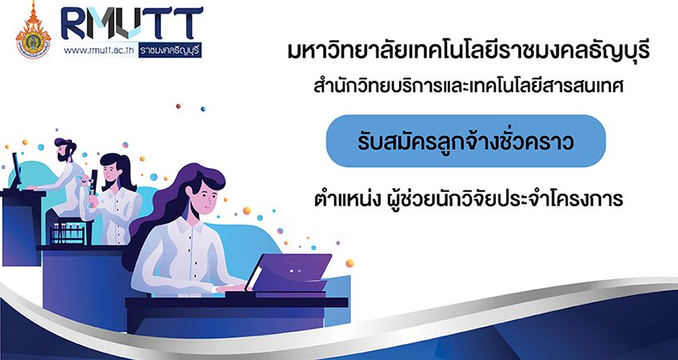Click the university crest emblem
[33, 31]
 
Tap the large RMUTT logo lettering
[132, 24]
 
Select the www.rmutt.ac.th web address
[100, 50]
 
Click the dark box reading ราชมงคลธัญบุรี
[170, 50]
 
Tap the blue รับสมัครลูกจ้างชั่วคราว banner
[465, 141]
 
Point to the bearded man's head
[65, 150]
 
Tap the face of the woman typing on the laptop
[200, 198]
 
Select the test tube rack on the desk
[68, 234]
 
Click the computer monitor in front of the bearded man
[16, 170]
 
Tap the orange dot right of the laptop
[349, 263]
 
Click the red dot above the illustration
[178, 106]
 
